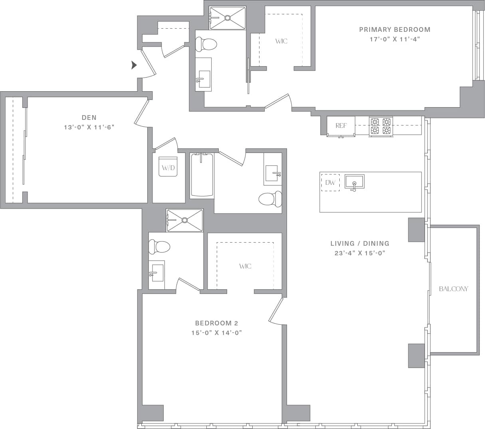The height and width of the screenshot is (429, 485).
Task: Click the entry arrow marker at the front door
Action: click(x=134, y=65)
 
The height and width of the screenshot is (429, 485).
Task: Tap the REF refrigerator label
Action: click(x=341, y=125)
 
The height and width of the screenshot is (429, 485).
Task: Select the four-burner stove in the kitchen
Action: click(x=380, y=126)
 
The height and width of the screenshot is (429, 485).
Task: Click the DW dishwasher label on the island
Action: click(x=330, y=183)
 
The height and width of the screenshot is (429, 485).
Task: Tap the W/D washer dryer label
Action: click(x=168, y=168)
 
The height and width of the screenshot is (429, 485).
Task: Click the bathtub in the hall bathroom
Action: click(x=202, y=175)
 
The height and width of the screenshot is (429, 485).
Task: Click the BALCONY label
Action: click(x=453, y=289)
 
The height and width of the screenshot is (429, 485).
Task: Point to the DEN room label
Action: click(x=89, y=118)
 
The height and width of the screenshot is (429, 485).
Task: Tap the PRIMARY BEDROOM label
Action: click(x=394, y=29)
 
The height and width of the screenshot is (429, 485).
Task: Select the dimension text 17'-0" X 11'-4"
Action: click(x=394, y=39)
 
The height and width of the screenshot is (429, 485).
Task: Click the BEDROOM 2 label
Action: click(x=216, y=323)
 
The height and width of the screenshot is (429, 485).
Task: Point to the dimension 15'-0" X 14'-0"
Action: click(x=216, y=333)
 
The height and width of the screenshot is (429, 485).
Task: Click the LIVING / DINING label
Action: click(x=360, y=243)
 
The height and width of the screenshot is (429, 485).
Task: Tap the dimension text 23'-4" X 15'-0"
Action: click(x=360, y=253)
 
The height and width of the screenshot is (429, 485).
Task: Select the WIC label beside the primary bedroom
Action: click(x=281, y=41)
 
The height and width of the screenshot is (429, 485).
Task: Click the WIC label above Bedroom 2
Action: click(x=245, y=266)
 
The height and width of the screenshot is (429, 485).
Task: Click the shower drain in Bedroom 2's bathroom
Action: click(x=184, y=220)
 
